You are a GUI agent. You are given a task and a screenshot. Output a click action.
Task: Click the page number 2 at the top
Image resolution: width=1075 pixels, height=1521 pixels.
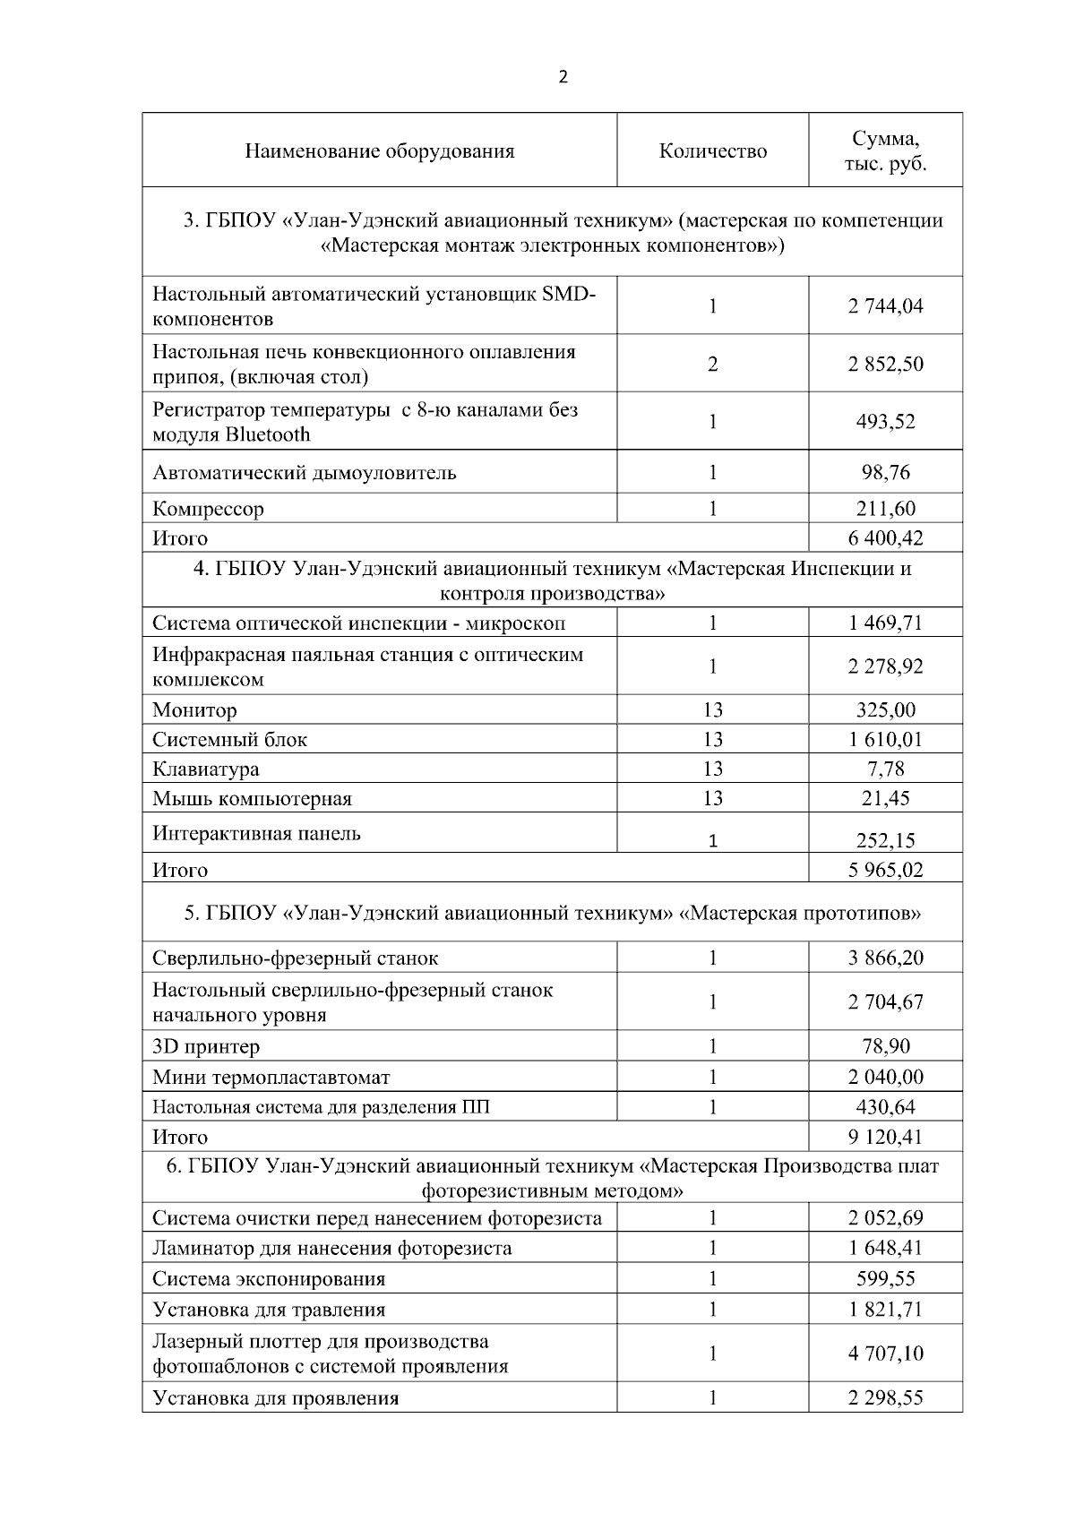click(563, 78)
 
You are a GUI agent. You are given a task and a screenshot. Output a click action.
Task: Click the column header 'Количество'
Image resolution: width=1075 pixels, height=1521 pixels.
click(712, 151)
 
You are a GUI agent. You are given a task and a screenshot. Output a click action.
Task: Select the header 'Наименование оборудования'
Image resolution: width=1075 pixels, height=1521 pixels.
click(379, 151)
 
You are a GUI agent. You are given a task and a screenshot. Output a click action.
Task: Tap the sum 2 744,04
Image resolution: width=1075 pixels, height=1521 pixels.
click(885, 306)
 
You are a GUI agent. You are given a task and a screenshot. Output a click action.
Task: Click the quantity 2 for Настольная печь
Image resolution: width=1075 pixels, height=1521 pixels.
click(712, 365)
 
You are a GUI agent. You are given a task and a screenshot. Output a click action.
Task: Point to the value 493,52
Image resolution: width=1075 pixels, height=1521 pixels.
click(885, 422)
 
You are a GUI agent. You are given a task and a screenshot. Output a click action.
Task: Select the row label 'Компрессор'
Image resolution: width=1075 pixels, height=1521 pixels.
click(208, 510)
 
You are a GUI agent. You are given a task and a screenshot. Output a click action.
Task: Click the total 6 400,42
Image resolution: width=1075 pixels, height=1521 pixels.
click(885, 538)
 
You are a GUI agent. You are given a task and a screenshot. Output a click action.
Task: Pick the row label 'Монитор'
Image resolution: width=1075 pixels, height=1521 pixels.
click(194, 711)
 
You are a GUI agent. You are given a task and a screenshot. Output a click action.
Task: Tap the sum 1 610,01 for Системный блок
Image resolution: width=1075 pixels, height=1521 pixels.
click(885, 740)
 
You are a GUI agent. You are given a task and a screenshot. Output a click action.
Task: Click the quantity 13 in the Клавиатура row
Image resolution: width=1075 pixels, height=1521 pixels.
click(712, 769)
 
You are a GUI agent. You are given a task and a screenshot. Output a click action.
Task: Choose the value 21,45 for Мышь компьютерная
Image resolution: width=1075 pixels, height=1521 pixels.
click(885, 799)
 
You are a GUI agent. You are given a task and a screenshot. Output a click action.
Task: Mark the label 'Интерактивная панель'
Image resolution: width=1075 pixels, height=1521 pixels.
click(256, 834)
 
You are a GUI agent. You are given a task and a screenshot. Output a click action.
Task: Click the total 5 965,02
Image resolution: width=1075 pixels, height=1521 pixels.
click(885, 870)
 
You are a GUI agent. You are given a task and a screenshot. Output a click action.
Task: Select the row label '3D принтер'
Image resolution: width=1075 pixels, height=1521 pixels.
click(206, 1047)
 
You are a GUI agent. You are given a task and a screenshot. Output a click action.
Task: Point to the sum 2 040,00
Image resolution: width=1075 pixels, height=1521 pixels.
click(885, 1078)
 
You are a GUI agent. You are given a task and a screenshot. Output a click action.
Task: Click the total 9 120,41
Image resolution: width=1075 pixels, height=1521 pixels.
click(885, 1138)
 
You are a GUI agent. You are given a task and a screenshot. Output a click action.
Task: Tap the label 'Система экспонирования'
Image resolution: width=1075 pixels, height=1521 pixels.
click(269, 1279)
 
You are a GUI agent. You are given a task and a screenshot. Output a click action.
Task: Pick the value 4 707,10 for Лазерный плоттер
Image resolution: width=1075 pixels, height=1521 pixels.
click(885, 1353)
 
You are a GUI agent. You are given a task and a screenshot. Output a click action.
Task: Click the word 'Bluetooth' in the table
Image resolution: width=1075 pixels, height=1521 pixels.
click(268, 435)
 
